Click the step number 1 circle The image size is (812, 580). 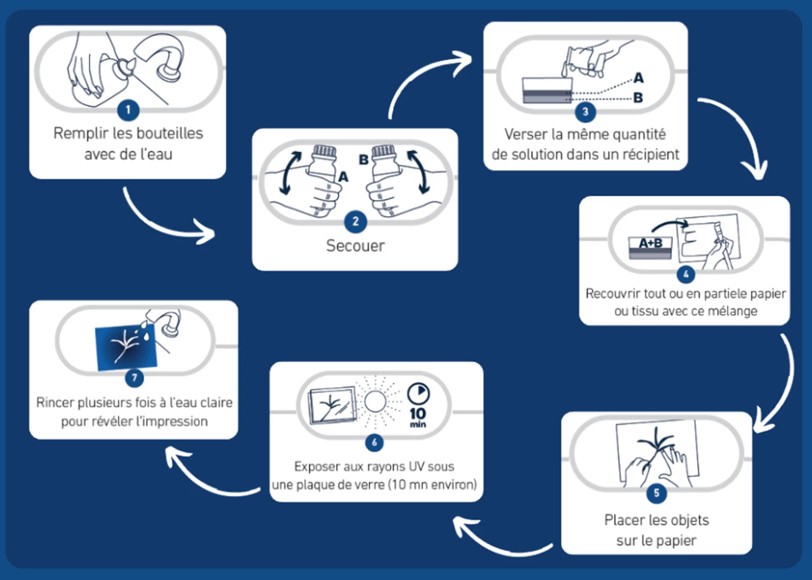point(128,110)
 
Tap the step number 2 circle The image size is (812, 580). point(356,221)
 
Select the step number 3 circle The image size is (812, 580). point(585,112)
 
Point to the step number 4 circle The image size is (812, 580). point(686,274)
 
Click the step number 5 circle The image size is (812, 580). point(657,493)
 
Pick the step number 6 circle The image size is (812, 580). point(374,442)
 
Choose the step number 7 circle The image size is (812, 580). point(134,377)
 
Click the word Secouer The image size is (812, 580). point(355,246)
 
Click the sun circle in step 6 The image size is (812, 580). point(375,402)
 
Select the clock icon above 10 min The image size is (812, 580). point(418,394)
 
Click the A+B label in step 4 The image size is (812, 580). point(650,243)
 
